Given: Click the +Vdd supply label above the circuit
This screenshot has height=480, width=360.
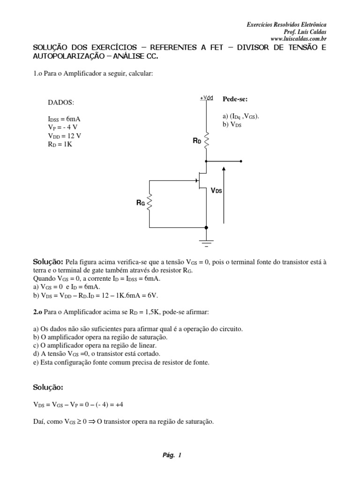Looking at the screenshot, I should point(207,98).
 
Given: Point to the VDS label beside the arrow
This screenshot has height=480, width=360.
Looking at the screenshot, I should point(216,191).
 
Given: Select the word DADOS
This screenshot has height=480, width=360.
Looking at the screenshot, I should point(61,103).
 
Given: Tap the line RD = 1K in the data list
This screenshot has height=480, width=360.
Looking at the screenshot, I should point(60,144).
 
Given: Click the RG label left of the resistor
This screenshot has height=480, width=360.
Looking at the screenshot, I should point(141,203).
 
